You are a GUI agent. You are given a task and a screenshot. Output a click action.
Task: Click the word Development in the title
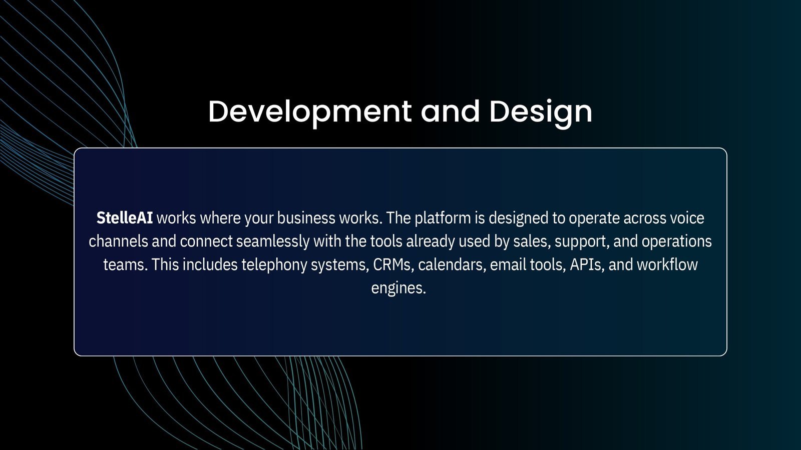point(310,112)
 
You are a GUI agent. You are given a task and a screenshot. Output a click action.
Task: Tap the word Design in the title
point(541,112)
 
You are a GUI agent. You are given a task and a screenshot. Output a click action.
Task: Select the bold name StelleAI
point(125,218)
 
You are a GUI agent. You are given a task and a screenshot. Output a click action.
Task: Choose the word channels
point(118,241)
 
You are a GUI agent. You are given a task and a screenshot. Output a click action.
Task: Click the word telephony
point(274,265)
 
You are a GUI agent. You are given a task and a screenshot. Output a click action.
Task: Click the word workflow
point(667,264)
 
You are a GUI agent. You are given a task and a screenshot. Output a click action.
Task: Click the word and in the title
point(450,112)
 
